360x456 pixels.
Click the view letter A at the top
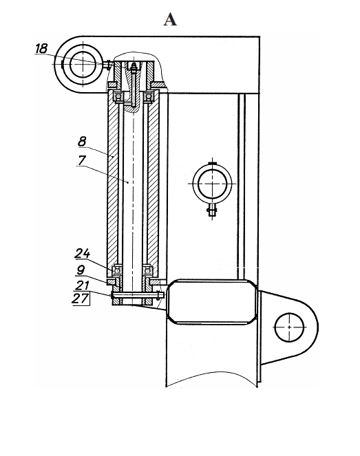170,20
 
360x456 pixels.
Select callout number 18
41,48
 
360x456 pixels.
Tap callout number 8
83,142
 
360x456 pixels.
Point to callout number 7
82,160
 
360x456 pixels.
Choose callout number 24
83,254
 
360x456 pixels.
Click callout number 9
81,270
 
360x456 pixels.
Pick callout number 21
81,285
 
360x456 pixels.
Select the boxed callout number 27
81,298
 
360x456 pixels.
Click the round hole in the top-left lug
83,64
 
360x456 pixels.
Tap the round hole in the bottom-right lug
289,327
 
